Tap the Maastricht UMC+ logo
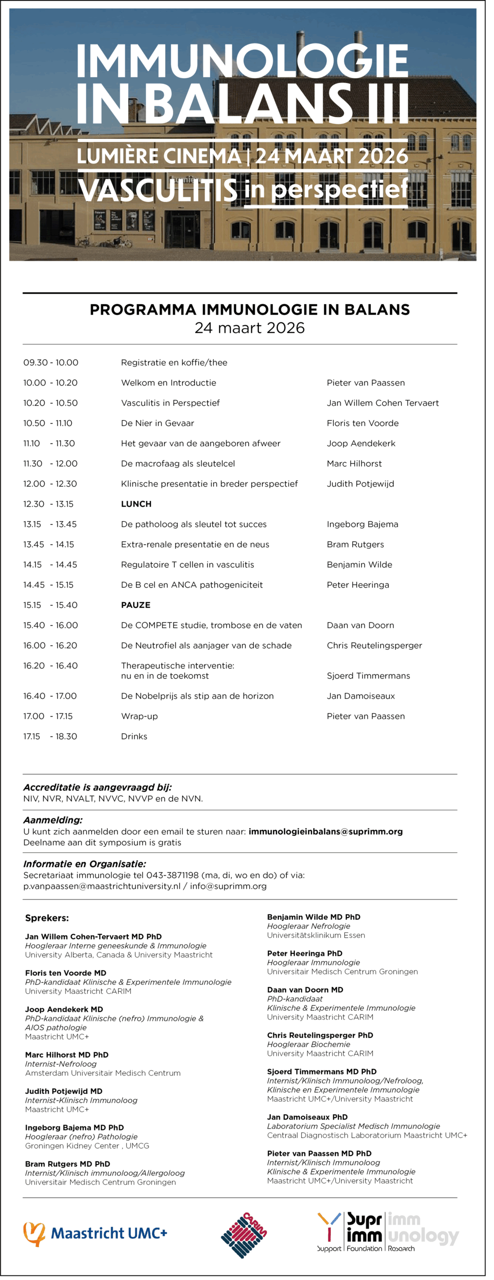click(x=95, y=1233)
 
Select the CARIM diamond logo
click(x=244, y=1234)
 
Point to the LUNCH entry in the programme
click(x=136, y=504)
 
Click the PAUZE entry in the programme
click(x=136, y=605)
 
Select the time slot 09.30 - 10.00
click(x=51, y=362)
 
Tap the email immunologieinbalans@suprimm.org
click(x=325, y=831)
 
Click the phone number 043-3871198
click(x=172, y=875)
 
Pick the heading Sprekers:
click(x=47, y=918)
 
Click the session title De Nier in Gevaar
click(x=157, y=423)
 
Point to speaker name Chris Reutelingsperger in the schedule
click(x=374, y=645)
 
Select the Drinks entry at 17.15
click(x=134, y=736)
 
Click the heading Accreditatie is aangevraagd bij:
click(x=98, y=787)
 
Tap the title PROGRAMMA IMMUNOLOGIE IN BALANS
click(x=249, y=310)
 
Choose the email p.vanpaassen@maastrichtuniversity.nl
click(x=102, y=886)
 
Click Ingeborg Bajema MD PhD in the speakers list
click(x=74, y=1127)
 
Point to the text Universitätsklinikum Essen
click(x=316, y=935)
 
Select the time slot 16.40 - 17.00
click(x=50, y=696)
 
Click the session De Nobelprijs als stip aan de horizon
click(x=197, y=696)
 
